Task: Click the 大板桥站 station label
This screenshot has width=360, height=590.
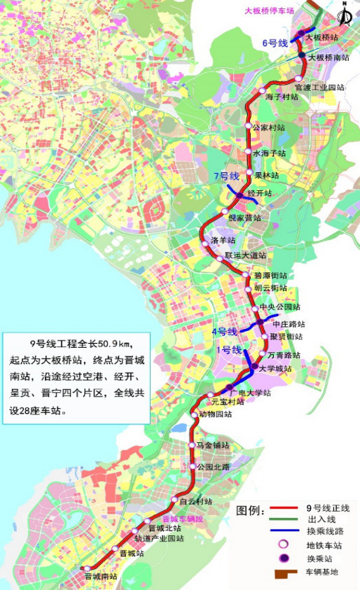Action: [324, 36]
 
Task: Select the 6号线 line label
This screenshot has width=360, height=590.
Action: [275, 43]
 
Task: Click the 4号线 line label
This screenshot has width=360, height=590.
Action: [226, 331]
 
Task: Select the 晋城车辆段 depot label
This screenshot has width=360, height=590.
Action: [183, 519]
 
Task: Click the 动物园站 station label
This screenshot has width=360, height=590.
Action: [215, 414]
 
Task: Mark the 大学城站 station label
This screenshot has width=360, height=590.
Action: [275, 368]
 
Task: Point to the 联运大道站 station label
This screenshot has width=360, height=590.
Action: [246, 255]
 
